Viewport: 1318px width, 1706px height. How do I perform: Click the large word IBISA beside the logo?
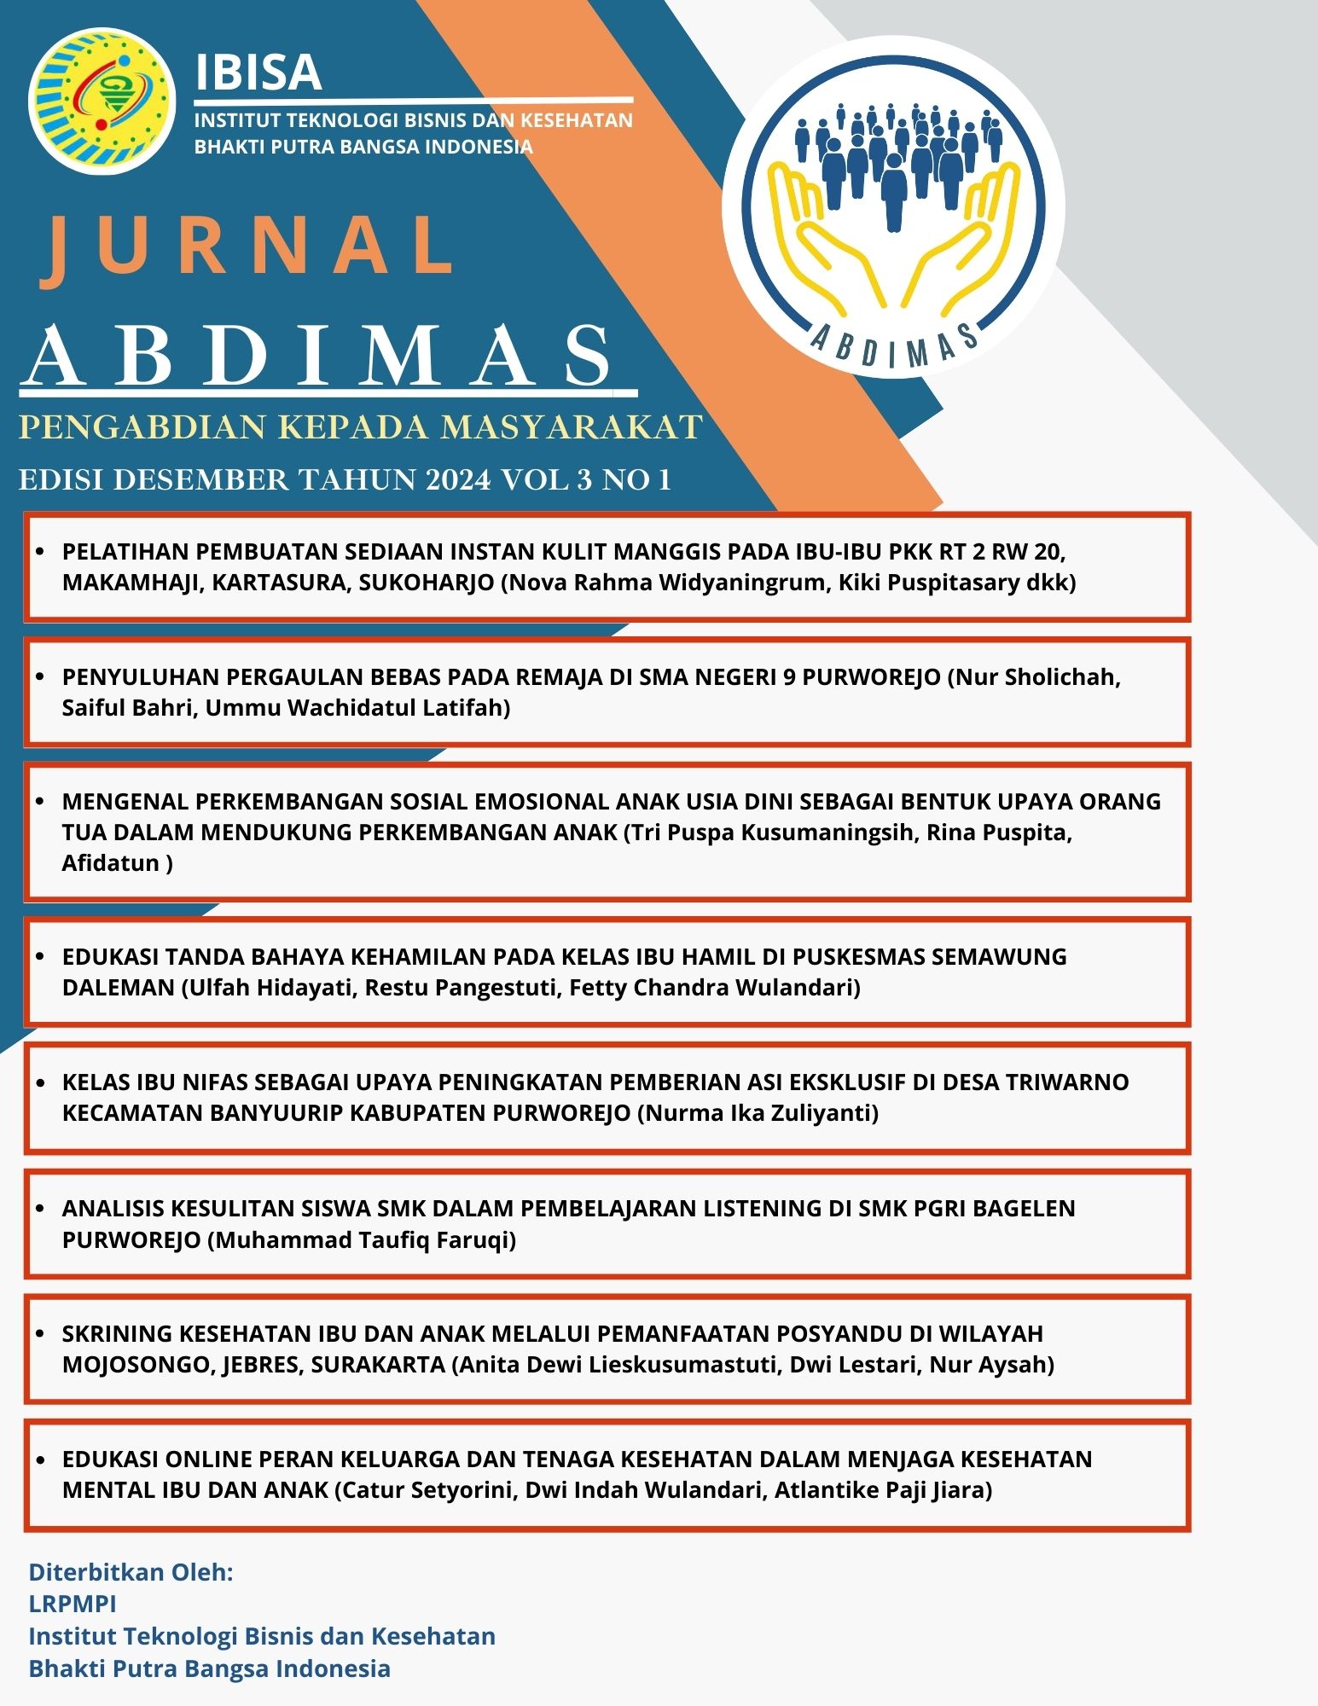pos(258,73)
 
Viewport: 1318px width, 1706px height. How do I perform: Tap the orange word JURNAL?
pos(247,247)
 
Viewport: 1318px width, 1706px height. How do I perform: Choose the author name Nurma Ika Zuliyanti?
pos(758,1113)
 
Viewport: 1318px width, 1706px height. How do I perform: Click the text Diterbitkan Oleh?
pos(131,1572)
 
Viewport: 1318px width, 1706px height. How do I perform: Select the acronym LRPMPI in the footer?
pos(73,1604)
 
